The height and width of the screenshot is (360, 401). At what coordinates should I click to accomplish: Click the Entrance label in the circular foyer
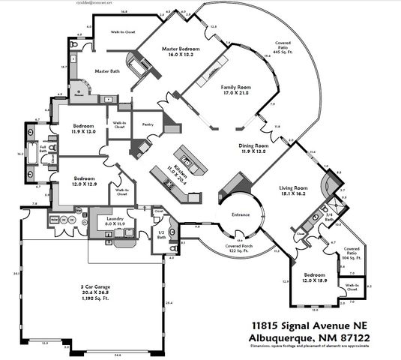coord(240,214)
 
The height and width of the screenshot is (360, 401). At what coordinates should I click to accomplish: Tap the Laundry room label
coord(114,219)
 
